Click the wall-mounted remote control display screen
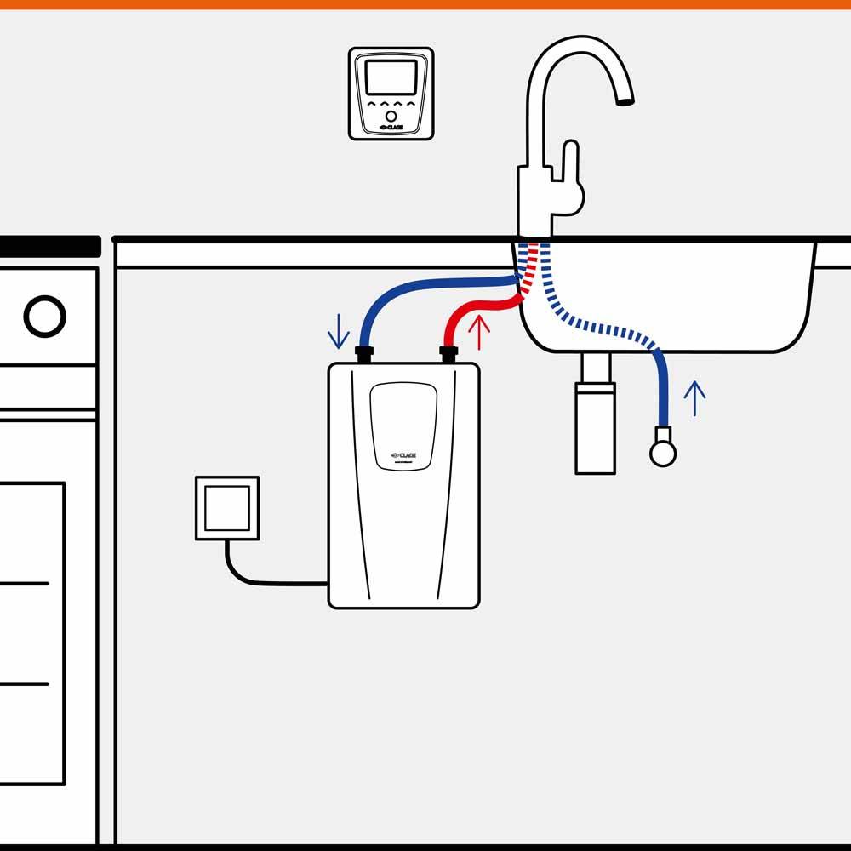[391, 77]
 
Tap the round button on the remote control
[391, 115]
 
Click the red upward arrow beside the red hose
[479, 331]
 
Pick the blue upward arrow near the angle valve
[695, 398]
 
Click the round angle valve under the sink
[663, 453]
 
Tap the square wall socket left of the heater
[226, 508]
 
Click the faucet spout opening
[625, 101]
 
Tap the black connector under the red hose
[448, 354]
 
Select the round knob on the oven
[44, 317]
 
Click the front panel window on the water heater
[403, 425]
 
